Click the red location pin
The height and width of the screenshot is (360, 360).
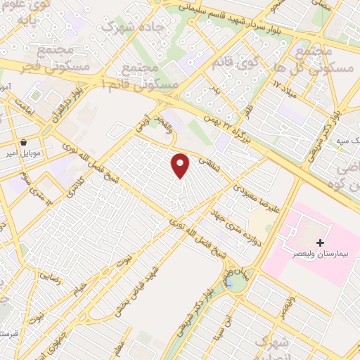[181, 165]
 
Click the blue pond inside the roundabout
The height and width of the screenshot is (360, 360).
[231, 283]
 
